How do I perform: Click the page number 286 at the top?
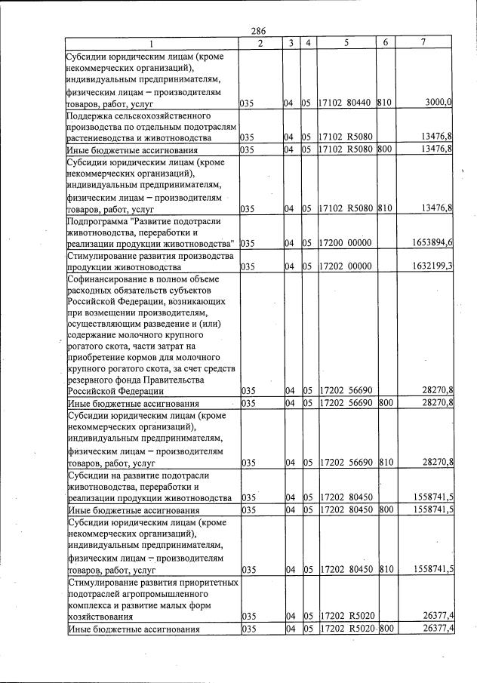coord(259,31)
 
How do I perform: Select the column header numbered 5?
coord(346,43)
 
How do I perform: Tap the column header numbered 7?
coord(423,43)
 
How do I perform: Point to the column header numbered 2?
coord(259,43)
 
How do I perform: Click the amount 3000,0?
coord(437,102)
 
